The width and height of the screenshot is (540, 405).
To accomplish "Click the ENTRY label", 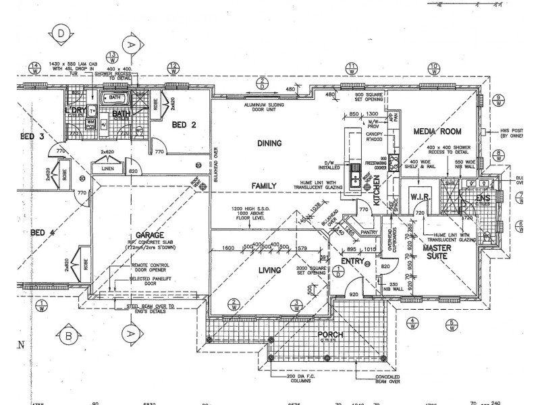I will (352, 261).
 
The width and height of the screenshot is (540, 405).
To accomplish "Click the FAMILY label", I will (266, 184).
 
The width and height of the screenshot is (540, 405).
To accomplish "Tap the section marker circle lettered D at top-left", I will (61, 32).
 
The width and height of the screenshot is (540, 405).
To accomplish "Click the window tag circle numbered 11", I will (352, 67).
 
